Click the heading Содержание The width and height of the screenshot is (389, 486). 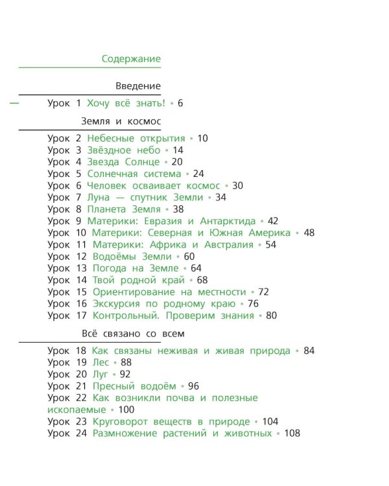coord(131,59)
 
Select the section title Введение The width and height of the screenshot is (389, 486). coord(138,86)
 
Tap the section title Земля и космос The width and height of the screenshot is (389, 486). coord(121,121)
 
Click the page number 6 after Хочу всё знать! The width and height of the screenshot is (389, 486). coord(180,103)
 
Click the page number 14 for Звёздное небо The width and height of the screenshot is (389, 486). coord(178,150)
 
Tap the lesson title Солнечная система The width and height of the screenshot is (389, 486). coord(134,174)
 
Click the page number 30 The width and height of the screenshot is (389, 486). coord(237,185)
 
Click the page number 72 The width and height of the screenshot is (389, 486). coord(263,292)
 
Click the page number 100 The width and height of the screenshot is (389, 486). coord(126,410)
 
